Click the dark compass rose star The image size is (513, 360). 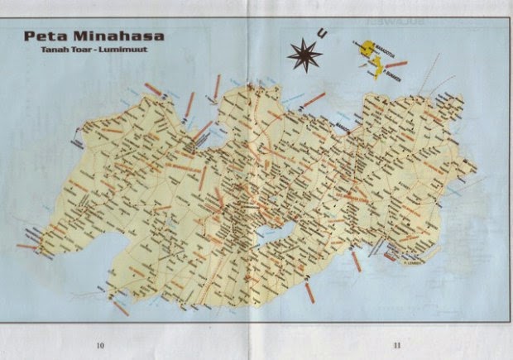(x=304, y=55)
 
